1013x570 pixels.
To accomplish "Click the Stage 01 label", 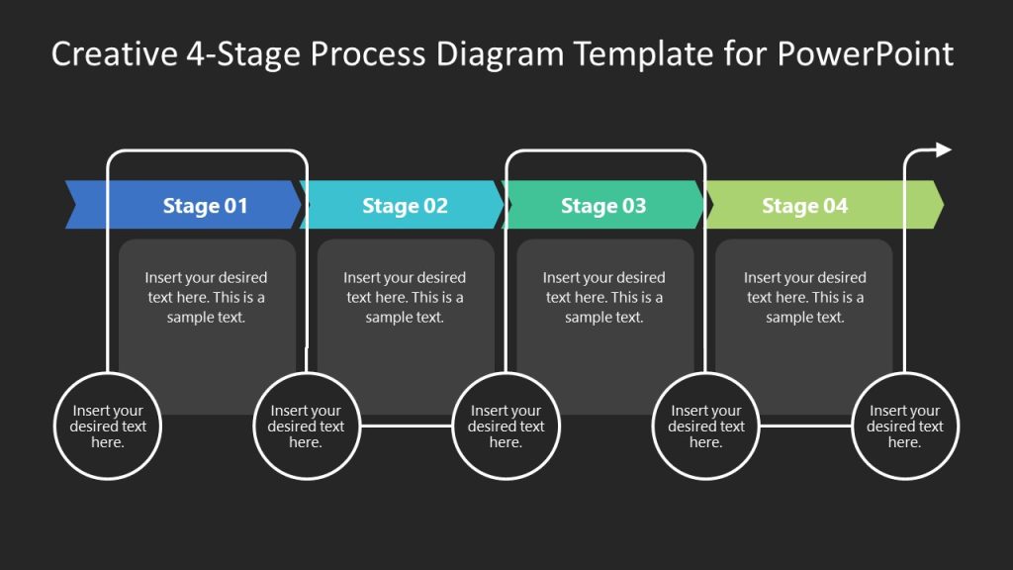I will point(205,206).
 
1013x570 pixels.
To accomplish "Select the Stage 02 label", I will point(405,206).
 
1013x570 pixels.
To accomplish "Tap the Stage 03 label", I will point(603,206).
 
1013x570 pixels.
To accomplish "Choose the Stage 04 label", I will point(804,206).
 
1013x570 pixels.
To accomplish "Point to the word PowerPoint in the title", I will point(865,53).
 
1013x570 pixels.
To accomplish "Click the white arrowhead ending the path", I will point(943,149).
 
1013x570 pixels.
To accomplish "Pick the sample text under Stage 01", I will point(206,298).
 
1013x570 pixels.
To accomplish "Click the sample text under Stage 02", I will point(405,298).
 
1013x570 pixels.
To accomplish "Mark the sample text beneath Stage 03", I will point(603,298).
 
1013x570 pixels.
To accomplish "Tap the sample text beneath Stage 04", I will point(804,298).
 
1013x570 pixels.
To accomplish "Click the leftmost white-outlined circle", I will point(108,427).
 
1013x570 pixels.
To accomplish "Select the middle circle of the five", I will point(506,427).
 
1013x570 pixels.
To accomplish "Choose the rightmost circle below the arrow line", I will point(904,427).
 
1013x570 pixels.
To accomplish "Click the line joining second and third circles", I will point(406,427).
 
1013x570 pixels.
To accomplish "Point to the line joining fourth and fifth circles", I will point(804,427).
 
